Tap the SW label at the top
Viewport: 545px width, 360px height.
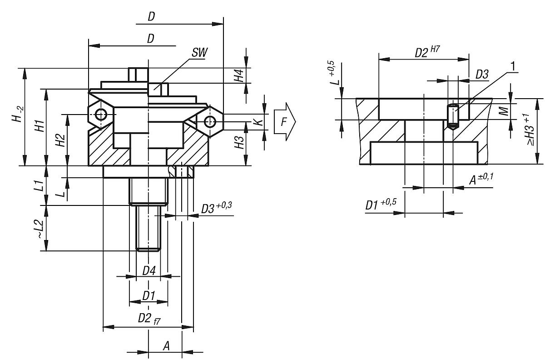coord(199,53)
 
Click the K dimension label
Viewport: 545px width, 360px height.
coord(258,122)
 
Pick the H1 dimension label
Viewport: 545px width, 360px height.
coord(40,126)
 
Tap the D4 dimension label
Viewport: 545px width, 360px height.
coord(149,271)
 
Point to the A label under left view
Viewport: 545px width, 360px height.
coord(166,346)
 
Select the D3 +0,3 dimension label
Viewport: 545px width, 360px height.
coord(216,208)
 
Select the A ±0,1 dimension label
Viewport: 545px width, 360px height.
coord(481,180)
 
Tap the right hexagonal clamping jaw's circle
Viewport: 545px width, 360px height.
coord(209,121)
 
